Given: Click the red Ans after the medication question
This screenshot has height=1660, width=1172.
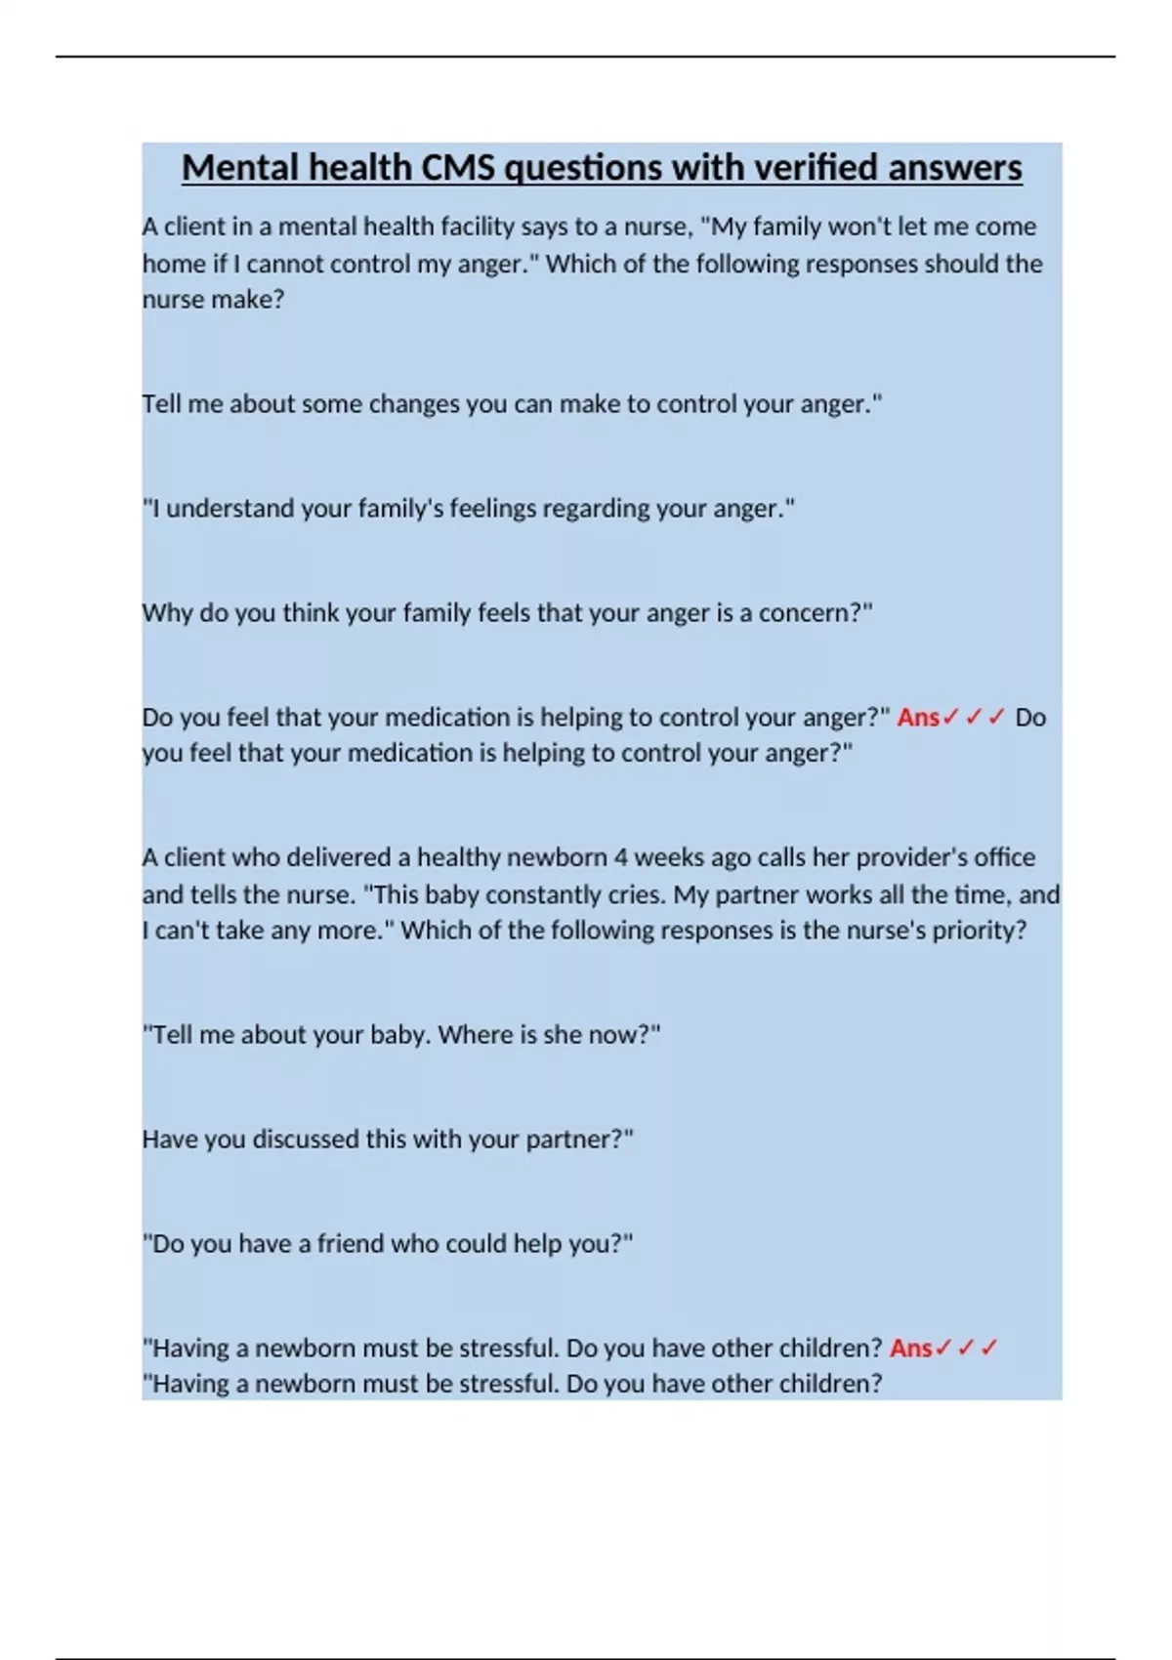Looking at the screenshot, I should tap(918, 718).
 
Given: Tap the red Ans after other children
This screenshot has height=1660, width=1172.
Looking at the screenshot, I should tap(910, 1349).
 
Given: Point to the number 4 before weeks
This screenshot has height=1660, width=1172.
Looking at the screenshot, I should tap(621, 857).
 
